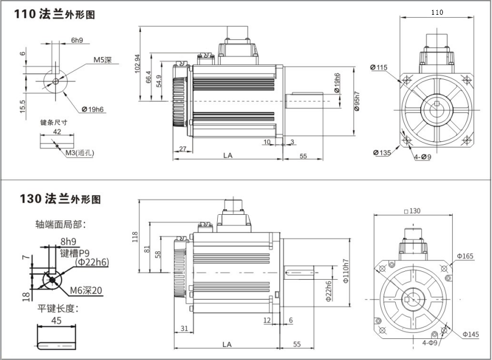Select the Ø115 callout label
(378, 68)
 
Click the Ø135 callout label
(381, 153)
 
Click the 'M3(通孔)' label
(80, 153)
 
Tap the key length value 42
(57, 131)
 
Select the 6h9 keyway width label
(77, 40)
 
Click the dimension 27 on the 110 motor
(182, 149)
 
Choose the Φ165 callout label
(464, 256)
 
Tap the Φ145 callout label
(469, 334)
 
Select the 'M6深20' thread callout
(86, 291)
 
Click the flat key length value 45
(57, 320)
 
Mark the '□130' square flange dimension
(411, 211)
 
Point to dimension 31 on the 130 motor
(184, 328)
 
